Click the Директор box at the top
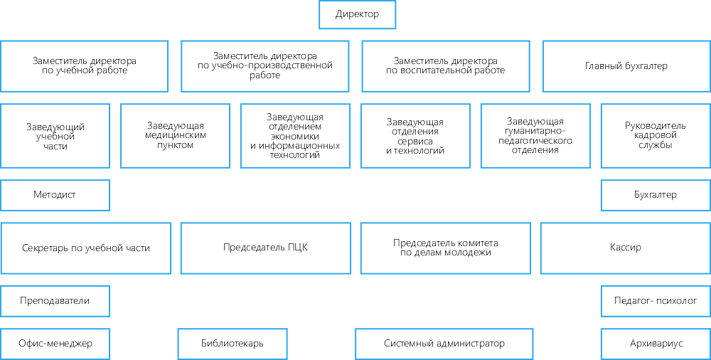coord(358,14)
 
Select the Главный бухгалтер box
coord(626,66)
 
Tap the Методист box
coord(55,195)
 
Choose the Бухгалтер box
coord(656,195)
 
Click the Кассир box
coord(625,248)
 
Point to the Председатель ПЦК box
coord(266,248)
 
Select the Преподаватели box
coord(55,301)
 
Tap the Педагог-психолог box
coord(656,301)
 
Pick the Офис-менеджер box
coord(55,344)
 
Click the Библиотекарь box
coord(232,344)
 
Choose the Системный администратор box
coord(444,344)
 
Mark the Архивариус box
coord(656,344)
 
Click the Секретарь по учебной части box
coord(86,248)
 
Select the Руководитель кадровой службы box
coord(656,136)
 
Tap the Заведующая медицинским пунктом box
coord(176,136)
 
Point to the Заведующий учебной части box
coord(55,136)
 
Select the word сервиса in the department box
coord(415,142)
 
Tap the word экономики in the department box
coord(295,137)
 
